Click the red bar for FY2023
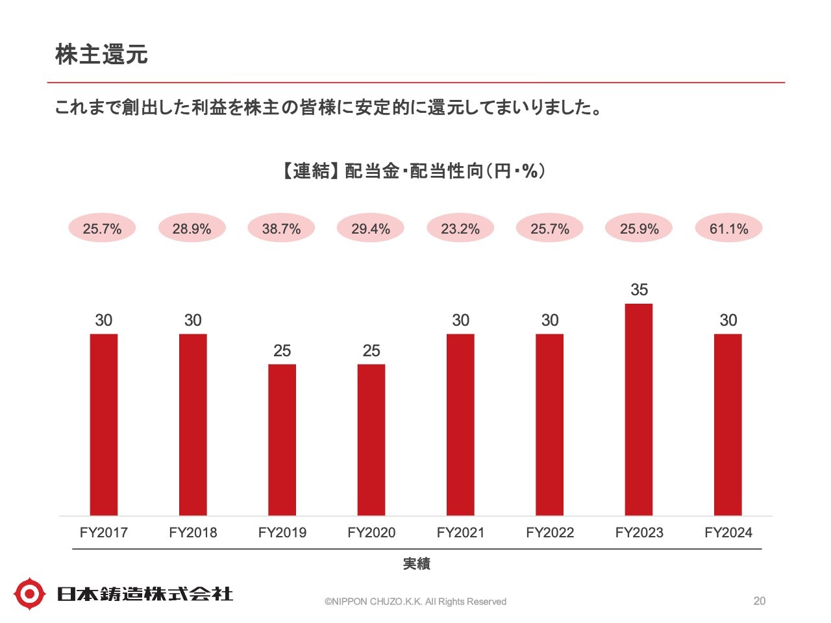coord(639,409)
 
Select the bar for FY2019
coord(282,440)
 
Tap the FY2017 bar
coord(104,424)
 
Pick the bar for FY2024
coord(728,424)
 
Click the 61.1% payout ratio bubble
coord(728,228)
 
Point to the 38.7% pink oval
coord(281,228)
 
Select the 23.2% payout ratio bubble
coord(460,228)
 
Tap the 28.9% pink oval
coord(192,228)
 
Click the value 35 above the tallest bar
coord(639,289)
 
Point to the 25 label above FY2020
coord(371,350)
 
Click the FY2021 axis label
coord(460,533)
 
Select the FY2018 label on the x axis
coord(193,533)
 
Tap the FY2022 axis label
coord(550,533)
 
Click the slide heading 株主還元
coord(102,55)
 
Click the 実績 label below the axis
coord(416,563)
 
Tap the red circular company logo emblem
coord(30,593)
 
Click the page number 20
coord(759,601)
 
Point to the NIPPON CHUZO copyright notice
coord(415,602)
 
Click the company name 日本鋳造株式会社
coord(145,593)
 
